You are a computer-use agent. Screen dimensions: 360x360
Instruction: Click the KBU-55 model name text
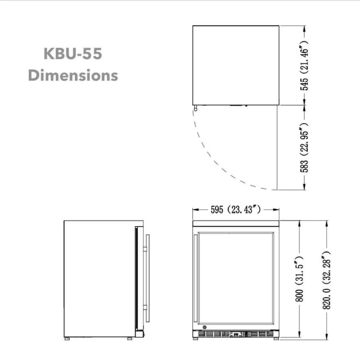click(73, 54)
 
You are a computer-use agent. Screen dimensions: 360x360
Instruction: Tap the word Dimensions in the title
click(73, 75)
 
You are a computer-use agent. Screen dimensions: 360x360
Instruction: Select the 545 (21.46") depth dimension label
click(305, 65)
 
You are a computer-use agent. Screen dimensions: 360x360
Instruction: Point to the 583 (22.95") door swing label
click(305, 147)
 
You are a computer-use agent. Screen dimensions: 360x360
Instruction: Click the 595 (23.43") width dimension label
click(236, 209)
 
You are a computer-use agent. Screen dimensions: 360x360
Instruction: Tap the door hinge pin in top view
click(196, 108)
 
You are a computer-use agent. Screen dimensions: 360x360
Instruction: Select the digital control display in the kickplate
click(236, 334)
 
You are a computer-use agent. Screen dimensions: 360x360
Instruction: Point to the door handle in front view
click(195, 279)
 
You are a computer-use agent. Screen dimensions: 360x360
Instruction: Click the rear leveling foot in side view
click(68, 337)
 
